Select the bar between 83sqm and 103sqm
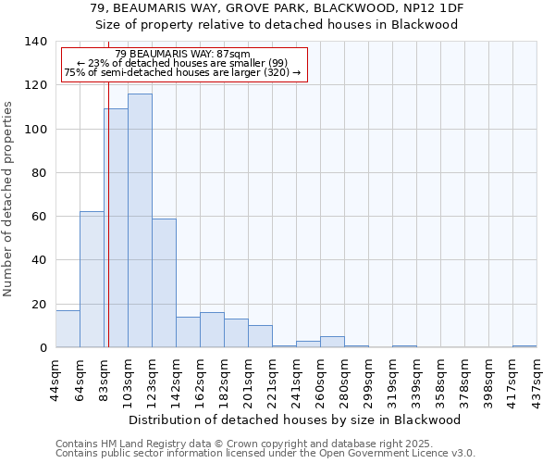coord(116,228)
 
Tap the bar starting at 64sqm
coord(92,280)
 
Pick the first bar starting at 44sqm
coord(68,329)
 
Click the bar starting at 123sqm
coord(164,282)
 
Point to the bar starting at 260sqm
coord(332,342)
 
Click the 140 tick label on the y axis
coord(35,42)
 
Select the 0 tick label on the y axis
coord(43,348)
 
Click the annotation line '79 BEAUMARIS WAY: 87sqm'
coord(182,55)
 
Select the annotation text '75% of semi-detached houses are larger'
coord(182,72)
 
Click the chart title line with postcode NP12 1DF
coord(277,7)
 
